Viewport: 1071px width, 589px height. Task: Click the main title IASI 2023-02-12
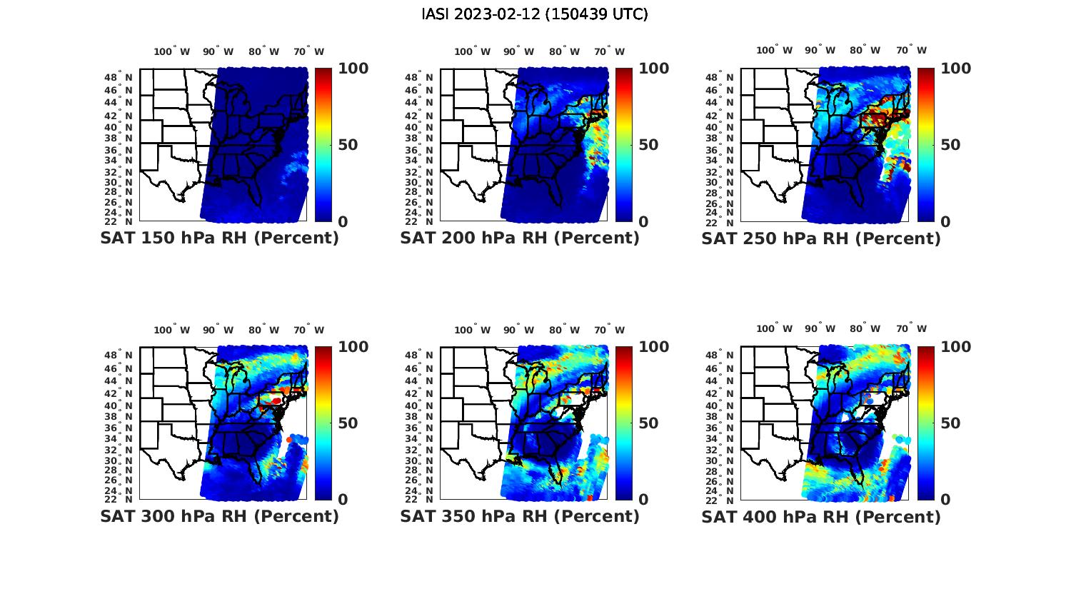click(x=535, y=14)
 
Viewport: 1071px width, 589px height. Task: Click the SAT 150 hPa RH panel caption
click(x=219, y=238)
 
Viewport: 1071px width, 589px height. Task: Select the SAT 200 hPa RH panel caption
click(x=520, y=238)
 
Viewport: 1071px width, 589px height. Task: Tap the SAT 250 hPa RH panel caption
click(x=821, y=238)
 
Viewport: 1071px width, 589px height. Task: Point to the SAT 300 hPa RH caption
click(x=219, y=516)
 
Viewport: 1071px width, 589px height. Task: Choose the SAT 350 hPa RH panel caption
click(x=520, y=516)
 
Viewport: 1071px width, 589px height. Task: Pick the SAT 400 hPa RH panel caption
click(x=821, y=516)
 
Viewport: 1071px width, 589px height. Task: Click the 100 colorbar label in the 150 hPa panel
click(x=353, y=69)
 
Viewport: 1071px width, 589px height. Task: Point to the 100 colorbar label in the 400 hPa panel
click(x=956, y=347)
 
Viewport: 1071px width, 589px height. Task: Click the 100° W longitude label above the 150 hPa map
click(x=172, y=51)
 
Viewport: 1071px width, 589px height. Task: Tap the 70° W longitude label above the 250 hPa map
click(x=912, y=50)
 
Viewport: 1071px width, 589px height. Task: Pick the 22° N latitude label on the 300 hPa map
click(x=118, y=499)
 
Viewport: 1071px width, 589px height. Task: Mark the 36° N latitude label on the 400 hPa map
click(x=720, y=428)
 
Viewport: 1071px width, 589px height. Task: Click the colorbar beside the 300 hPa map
click(x=323, y=423)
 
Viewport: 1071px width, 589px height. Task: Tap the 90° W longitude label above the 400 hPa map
click(x=820, y=328)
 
